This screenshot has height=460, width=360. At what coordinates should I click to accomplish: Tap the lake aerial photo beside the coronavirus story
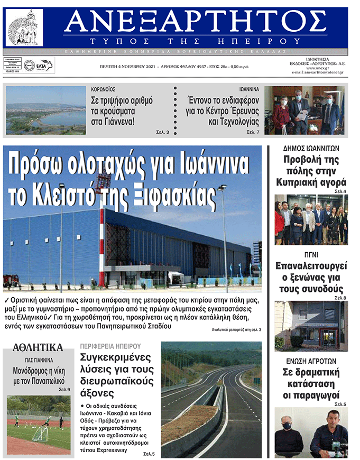tap(46, 111)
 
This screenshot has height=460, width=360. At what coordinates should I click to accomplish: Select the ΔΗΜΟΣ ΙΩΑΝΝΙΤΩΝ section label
tap(311, 149)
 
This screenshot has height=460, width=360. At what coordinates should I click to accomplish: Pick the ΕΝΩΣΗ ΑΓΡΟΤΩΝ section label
tap(311, 361)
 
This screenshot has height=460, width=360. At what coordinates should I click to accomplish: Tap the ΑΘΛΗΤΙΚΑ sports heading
tap(38, 347)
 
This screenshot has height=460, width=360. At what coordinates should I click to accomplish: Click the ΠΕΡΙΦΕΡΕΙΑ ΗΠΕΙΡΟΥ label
tap(110, 346)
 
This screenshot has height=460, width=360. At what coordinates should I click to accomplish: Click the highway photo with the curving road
tap(211, 399)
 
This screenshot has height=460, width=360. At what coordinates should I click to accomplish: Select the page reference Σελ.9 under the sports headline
tap(64, 390)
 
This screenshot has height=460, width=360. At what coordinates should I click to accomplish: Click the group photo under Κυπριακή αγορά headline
tap(311, 220)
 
